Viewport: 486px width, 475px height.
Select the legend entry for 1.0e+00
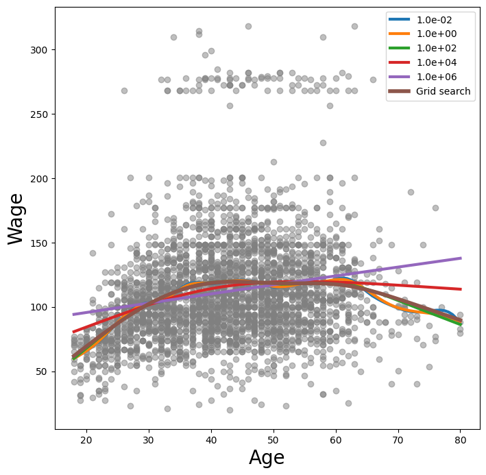pyautogui.click(x=438, y=34)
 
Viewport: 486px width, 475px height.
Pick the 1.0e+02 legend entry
pyautogui.click(x=438, y=48)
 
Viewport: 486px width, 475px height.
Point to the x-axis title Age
pyautogui.click(x=267, y=457)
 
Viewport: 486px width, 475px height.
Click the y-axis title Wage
pyautogui.click(x=17, y=219)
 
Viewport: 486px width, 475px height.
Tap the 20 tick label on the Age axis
pyautogui.click(x=86, y=438)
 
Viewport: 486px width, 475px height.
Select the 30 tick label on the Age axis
pyautogui.click(x=149, y=438)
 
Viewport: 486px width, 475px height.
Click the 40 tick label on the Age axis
pyautogui.click(x=211, y=438)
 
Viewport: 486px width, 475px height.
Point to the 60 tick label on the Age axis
pyautogui.click(x=336, y=438)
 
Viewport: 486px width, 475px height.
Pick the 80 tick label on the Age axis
pyautogui.click(x=461, y=438)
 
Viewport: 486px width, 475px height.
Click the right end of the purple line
pyautogui.click(x=461, y=258)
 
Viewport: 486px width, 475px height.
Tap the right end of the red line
pyautogui.click(x=461, y=289)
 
